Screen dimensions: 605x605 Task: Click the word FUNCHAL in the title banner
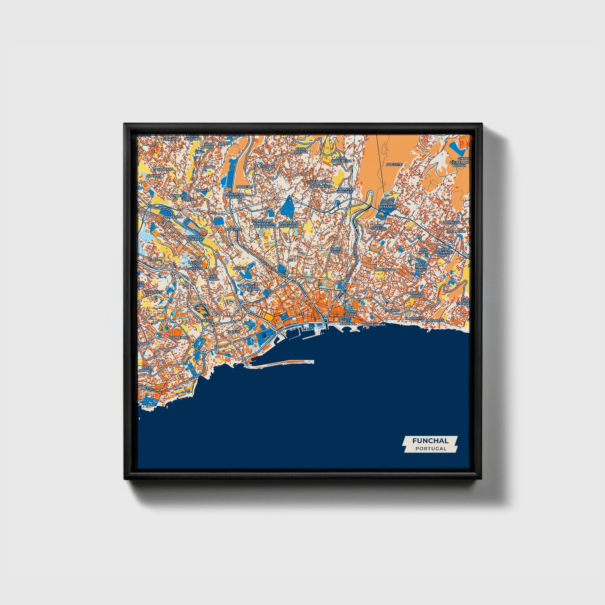[430, 440]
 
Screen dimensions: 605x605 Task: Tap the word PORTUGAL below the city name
[430, 448]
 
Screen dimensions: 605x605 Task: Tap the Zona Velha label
[351, 314]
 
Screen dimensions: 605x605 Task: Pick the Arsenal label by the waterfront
[348, 324]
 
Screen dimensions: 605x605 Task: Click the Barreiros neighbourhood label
[179, 337]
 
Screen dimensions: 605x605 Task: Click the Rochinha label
[385, 270]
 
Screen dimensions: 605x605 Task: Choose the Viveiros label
[233, 229]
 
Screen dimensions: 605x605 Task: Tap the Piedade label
[268, 166]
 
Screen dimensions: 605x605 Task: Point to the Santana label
[165, 169]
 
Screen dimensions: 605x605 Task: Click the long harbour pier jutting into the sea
[285, 363]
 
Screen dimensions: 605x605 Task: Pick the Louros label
[393, 311]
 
